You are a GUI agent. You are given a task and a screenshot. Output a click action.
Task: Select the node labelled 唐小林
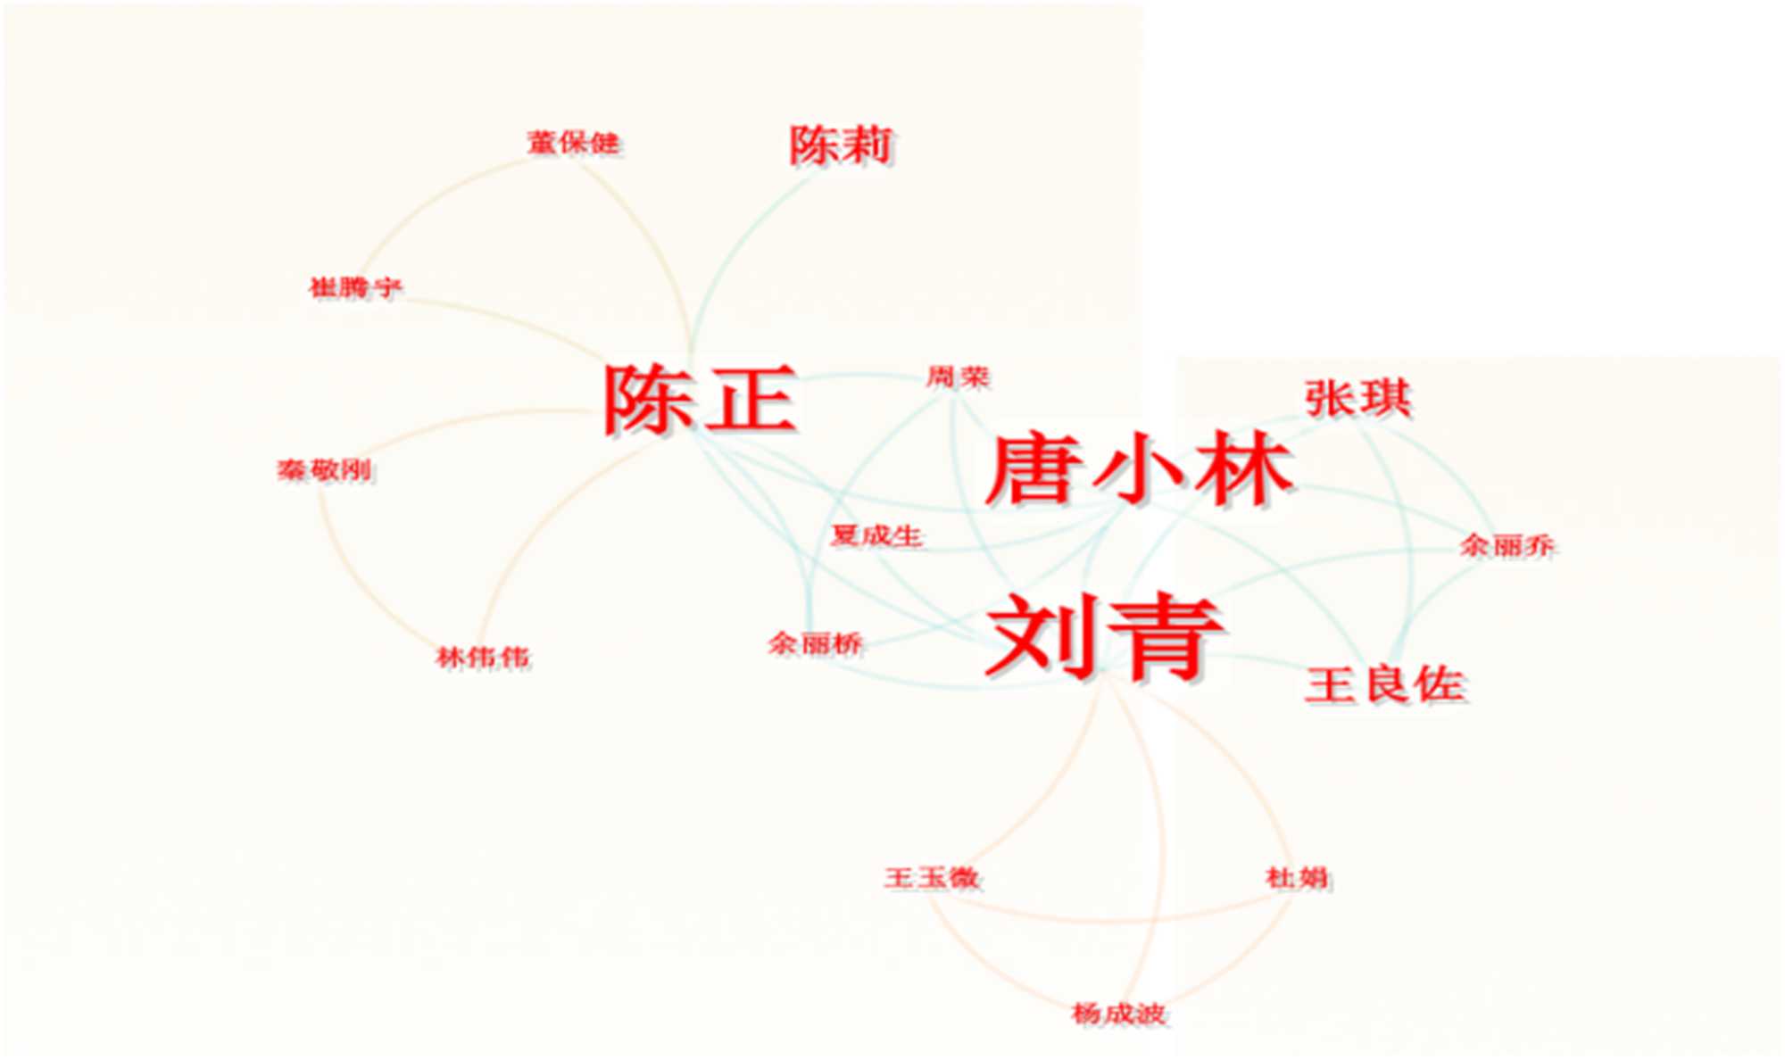tap(1139, 469)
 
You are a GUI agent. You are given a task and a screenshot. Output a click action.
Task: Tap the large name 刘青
tap(1105, 636)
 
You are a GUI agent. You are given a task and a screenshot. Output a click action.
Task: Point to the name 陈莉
tap(841, 145)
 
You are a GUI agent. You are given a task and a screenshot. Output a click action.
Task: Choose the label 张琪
tap(1357, 398)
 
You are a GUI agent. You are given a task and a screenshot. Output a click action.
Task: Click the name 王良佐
tap(1384, 685)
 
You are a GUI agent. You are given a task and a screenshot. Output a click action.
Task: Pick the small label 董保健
tap(573, 143)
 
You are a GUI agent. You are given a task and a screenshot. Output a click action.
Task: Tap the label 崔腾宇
tap(355, 287)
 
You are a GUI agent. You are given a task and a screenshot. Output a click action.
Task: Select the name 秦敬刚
tap(324, 470)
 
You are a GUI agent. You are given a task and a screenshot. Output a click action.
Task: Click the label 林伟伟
tap(483, 658)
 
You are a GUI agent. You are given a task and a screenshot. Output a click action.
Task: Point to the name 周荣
tap(958, 377)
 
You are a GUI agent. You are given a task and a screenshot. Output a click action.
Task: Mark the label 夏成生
tap(876, 535)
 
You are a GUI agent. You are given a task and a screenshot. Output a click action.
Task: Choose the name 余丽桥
tap(815, 643)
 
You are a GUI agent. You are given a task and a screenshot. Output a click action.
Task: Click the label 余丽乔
tap(1507, 545)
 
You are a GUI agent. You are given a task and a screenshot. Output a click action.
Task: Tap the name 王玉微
tap(932, 877)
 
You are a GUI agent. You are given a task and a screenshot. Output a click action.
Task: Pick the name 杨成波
tap(1119, 1014)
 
